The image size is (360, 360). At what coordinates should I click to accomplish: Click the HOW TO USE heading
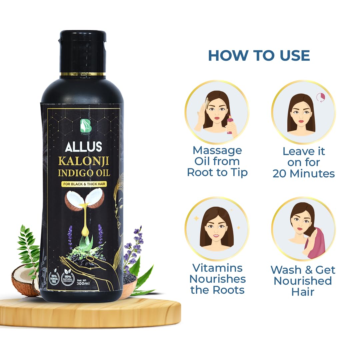click(259, 55)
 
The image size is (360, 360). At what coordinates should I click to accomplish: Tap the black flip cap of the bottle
click(82, 50)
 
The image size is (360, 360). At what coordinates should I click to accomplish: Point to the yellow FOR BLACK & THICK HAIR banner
click(84, 184)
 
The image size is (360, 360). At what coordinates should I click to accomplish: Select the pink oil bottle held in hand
click(230, 124)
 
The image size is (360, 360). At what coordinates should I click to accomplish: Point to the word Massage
click(217, 150)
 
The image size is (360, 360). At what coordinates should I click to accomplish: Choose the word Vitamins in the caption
click(217, 268)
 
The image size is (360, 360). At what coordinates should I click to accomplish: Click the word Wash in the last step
click(284, 270)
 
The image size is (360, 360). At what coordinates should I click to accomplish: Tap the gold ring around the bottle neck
click(82, 74)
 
